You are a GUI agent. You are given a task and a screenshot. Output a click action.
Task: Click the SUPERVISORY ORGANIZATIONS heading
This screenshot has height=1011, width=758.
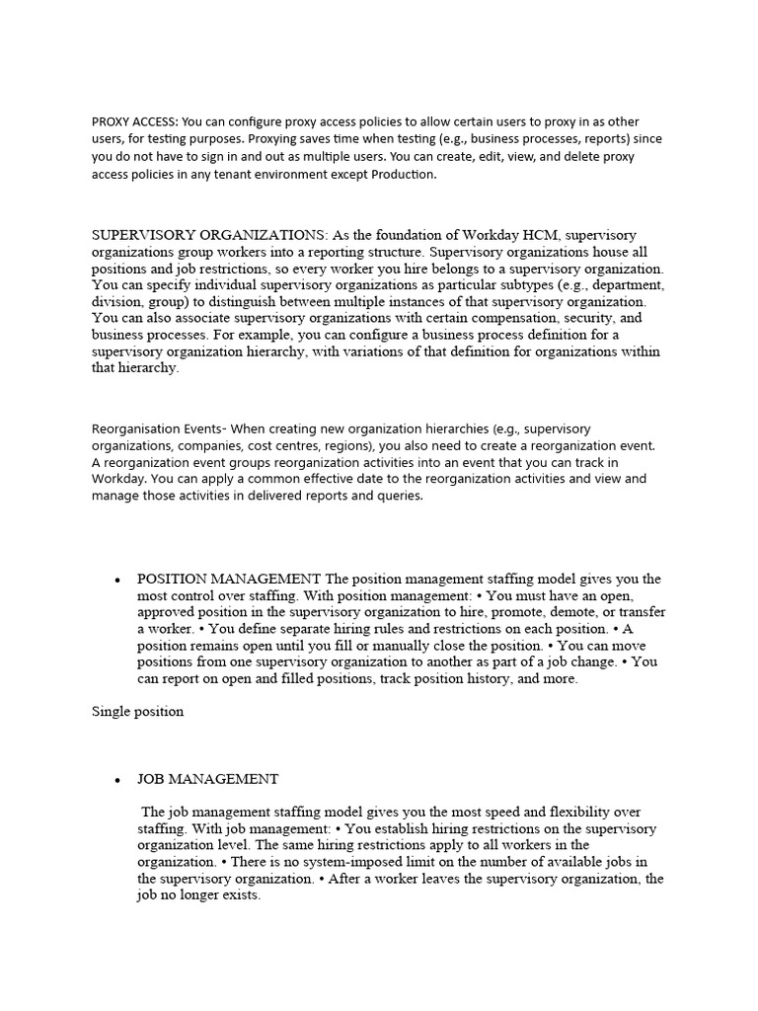click(x=209, y=235)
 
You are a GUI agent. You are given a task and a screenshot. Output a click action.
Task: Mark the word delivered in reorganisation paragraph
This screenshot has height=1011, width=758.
click(x=293, y=496)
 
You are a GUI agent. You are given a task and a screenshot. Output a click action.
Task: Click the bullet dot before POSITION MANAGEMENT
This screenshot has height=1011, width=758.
click(x=117, y=580)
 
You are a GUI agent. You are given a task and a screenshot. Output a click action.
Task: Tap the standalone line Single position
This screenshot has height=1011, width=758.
click(x=137, y=711)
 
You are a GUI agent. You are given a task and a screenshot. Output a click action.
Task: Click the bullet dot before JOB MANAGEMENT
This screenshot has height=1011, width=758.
click(x=117, y=780)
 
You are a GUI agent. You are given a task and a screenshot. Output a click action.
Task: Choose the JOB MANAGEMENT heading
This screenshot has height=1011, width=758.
click(x=207, y=779)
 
